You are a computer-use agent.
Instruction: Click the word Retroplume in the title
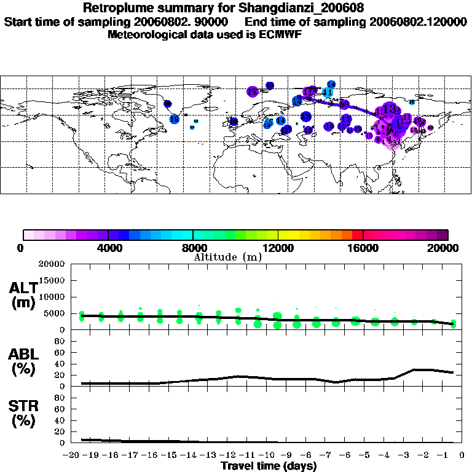click(113, 8)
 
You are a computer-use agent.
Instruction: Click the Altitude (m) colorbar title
click(227, 257)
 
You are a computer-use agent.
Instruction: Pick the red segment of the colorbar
click(358, 235)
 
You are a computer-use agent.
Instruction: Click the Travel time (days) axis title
click(269, 466)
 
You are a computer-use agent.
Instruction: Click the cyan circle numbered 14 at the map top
click(331, 84)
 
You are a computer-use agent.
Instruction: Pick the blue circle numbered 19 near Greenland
click(168, 104)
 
